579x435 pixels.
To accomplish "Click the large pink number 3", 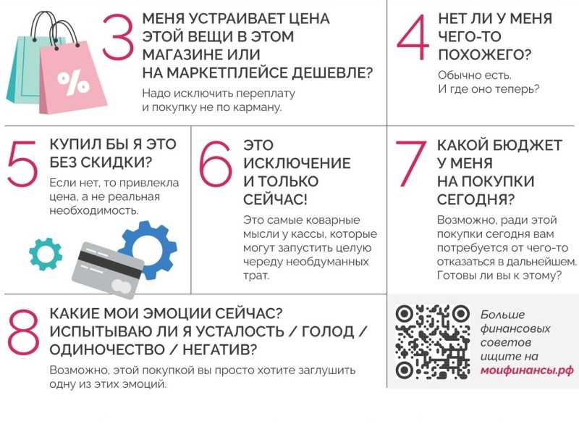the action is pyautogui.click(x=117, y=37).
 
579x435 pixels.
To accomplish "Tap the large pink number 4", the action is pyautogui.click(x=413, y=37).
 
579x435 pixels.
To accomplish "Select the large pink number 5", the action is pyautogui.click(x=22, y=163).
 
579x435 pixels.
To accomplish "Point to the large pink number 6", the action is pyautogui.click(x=216, y=163).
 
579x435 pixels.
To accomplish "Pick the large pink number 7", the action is pyautogui.click(x=410, y=163).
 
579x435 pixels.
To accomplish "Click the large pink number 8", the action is pyautogui.click(x=24, y=332).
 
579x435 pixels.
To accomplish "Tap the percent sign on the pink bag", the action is pyautogui.click(x=74, y=83).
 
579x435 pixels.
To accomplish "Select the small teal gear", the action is pyautogui.click(x=46, y=254).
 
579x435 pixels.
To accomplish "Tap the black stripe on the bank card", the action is pyautogui.click(x=109, y=263).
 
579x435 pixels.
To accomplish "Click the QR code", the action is pyautogui.click(x=432, y=342).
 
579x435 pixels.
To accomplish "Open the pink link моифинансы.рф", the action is pyautogui.click(x=527, y=370).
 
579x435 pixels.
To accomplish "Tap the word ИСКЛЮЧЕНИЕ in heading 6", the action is pyautogui.click(x=297, y=163).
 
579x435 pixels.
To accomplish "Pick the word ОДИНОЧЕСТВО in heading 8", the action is pyautogui.click(x=107, y=349).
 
